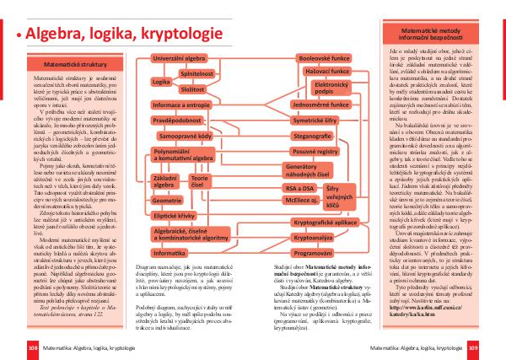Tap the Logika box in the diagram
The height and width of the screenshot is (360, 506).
[x=161, y=83]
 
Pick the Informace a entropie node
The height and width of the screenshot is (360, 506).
[x=180, y=104]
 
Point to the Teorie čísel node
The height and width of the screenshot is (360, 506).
[x=200, y=180]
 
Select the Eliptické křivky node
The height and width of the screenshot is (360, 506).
[x=174, y=217]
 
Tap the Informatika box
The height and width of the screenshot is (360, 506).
[x=169, y=253]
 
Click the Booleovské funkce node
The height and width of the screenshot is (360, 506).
[x=324, y=58]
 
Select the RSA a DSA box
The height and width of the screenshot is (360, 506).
[x=298, y=187]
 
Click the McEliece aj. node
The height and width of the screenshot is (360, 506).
[x=299, y=201]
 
